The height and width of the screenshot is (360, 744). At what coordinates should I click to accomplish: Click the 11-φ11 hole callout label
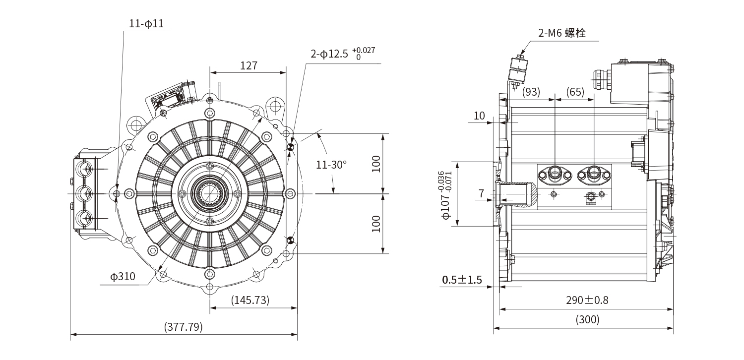[x=146, y=24]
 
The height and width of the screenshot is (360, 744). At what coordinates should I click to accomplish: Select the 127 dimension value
[x=248, y=65]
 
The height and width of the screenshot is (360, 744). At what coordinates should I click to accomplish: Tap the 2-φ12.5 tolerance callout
[x=343, y=54]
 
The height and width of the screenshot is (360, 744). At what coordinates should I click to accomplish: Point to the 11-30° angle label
[x=331, y=164]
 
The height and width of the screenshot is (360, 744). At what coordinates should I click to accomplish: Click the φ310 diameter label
[x=123, y=277]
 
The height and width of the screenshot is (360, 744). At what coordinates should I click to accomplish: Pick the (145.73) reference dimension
[x=250, y=300]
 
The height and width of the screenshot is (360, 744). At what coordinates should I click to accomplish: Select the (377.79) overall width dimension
[x=183, y=327]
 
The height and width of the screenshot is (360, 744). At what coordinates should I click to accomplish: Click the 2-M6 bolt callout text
[x=561, y=33]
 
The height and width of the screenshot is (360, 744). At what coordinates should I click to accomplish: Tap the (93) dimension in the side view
[x=531, y=92]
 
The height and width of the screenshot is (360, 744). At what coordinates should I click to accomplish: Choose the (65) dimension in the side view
[x=575, y=92]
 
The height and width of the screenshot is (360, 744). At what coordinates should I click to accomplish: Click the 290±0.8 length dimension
[x=587, y=300]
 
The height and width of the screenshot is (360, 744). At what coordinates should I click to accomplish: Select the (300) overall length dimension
[x=587, y=320]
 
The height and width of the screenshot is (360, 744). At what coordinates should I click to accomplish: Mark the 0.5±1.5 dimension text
[x=462, y=280]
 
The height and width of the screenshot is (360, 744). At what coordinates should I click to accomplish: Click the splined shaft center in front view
[x=209, y=193]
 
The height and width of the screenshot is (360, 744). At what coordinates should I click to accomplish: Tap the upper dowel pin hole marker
[x=291, y=147]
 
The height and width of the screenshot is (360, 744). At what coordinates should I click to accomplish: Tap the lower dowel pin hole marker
[x=291, y=240]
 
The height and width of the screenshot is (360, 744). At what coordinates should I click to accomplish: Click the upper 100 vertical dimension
[x=376, y=164]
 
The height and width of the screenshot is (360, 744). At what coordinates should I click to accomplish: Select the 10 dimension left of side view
[x=479, y=116]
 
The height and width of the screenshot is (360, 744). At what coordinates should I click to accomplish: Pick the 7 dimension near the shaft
[x=481, y=193]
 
